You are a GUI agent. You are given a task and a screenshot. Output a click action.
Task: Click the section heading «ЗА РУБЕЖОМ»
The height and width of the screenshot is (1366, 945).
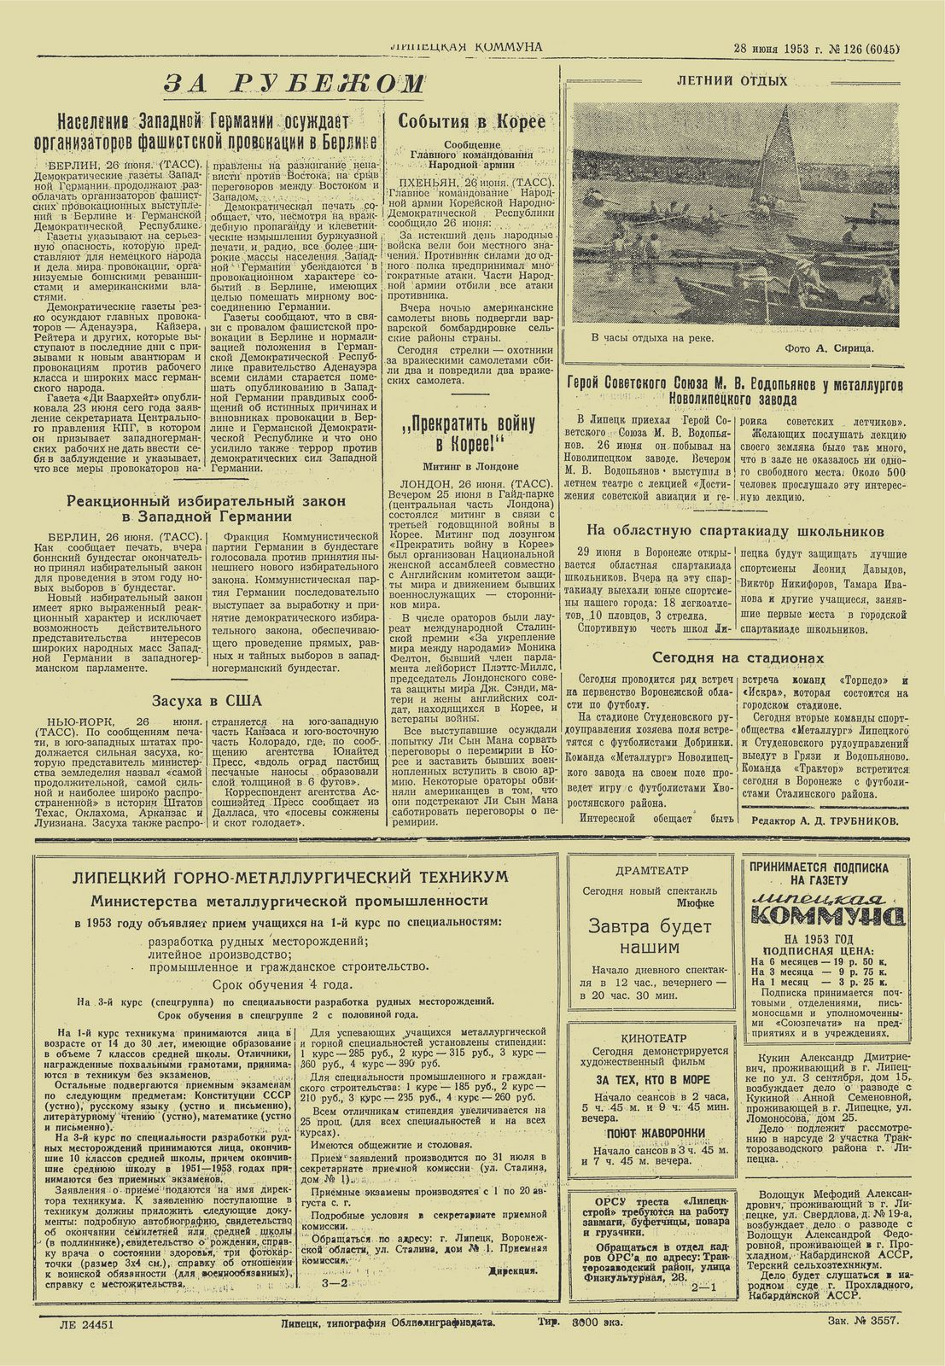pyautogui.click(x=294, y=84)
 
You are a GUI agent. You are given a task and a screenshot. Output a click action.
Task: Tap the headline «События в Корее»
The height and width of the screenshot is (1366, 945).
pyautogui.click(x=471, y=121)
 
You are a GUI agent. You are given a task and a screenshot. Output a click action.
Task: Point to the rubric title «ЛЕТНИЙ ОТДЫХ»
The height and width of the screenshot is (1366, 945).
pyautogui.click(x=732, y=81)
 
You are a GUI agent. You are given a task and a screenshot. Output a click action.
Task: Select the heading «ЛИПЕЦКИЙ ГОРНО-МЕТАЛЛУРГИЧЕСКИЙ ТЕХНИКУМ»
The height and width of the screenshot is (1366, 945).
pyautogui.click(x=290, y=878)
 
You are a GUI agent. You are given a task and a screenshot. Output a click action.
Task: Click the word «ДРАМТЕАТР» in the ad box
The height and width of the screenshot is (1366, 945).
pyautogui.click(x=647, y=872)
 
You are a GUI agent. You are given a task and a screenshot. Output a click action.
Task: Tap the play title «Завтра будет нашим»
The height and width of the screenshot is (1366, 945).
pyautogui.click(x=649, y=936)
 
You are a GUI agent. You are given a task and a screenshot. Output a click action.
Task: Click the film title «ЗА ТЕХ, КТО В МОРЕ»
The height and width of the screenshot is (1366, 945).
pyautogui.click(x=649, y=1079)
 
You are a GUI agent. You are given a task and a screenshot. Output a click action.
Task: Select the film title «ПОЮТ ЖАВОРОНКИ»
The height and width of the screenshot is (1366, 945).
pyautogui.click(x=649, y=1132)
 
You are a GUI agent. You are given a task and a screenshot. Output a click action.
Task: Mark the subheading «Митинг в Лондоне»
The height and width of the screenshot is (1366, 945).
pyautogui.click(x=470, y=466)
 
